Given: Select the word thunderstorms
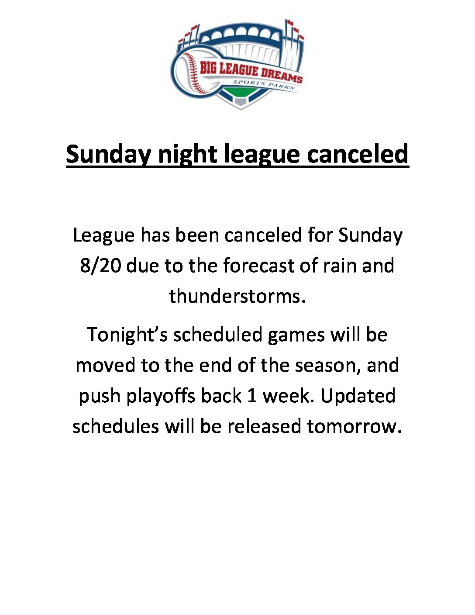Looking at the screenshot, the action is coord(237,296).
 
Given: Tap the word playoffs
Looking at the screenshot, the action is coord(160,396).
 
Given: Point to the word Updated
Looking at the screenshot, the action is coord(358,396).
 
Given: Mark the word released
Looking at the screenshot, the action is coord(264,426).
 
